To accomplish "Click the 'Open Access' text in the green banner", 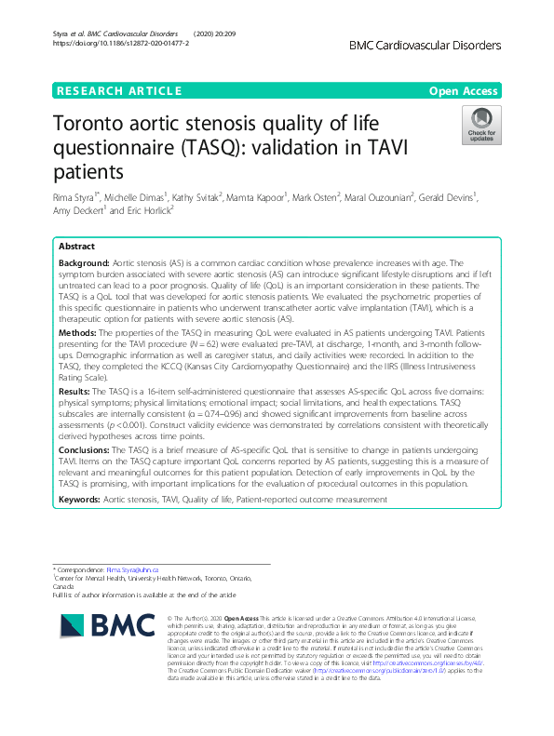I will coord(466,91).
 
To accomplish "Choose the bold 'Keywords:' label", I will coord(80,500).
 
